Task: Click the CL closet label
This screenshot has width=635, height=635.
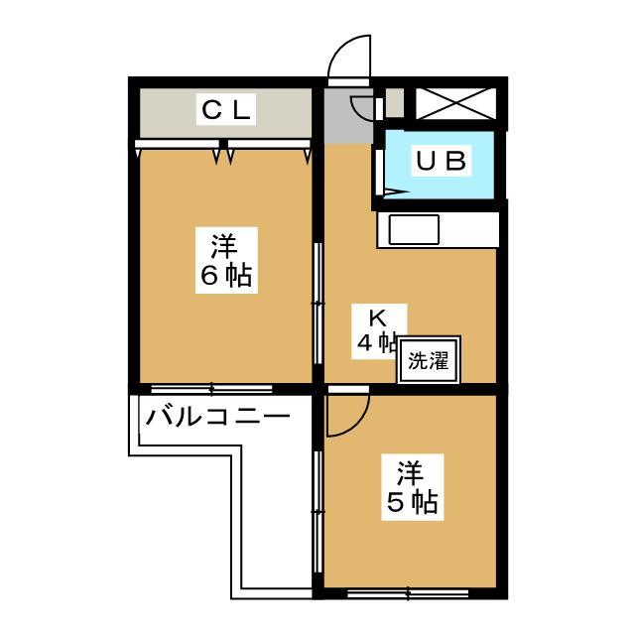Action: [226, 109]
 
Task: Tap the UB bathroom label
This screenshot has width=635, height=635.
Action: [441, 161]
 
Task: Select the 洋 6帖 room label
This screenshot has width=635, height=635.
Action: [226, 260]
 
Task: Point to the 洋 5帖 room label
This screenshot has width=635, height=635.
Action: [413, 487]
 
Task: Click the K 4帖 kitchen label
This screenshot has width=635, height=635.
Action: [378, 331]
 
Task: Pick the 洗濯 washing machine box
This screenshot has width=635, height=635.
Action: [429, 359]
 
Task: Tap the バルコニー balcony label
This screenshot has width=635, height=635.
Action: [218, 417]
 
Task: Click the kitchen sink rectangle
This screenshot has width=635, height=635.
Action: [414, 230]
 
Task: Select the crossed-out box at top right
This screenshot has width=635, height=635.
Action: [456, 103]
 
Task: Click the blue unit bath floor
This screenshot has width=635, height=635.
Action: [440, 165]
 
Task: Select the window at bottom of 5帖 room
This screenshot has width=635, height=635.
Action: [408, 593]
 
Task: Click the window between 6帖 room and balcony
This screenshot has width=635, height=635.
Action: [211, 389]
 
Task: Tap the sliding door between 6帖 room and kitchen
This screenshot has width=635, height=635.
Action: [318, 304]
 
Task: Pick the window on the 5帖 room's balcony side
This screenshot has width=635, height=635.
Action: [318, 512]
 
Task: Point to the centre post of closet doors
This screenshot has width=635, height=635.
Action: [223, 143]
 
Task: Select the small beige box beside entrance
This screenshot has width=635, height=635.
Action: [395, 103]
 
